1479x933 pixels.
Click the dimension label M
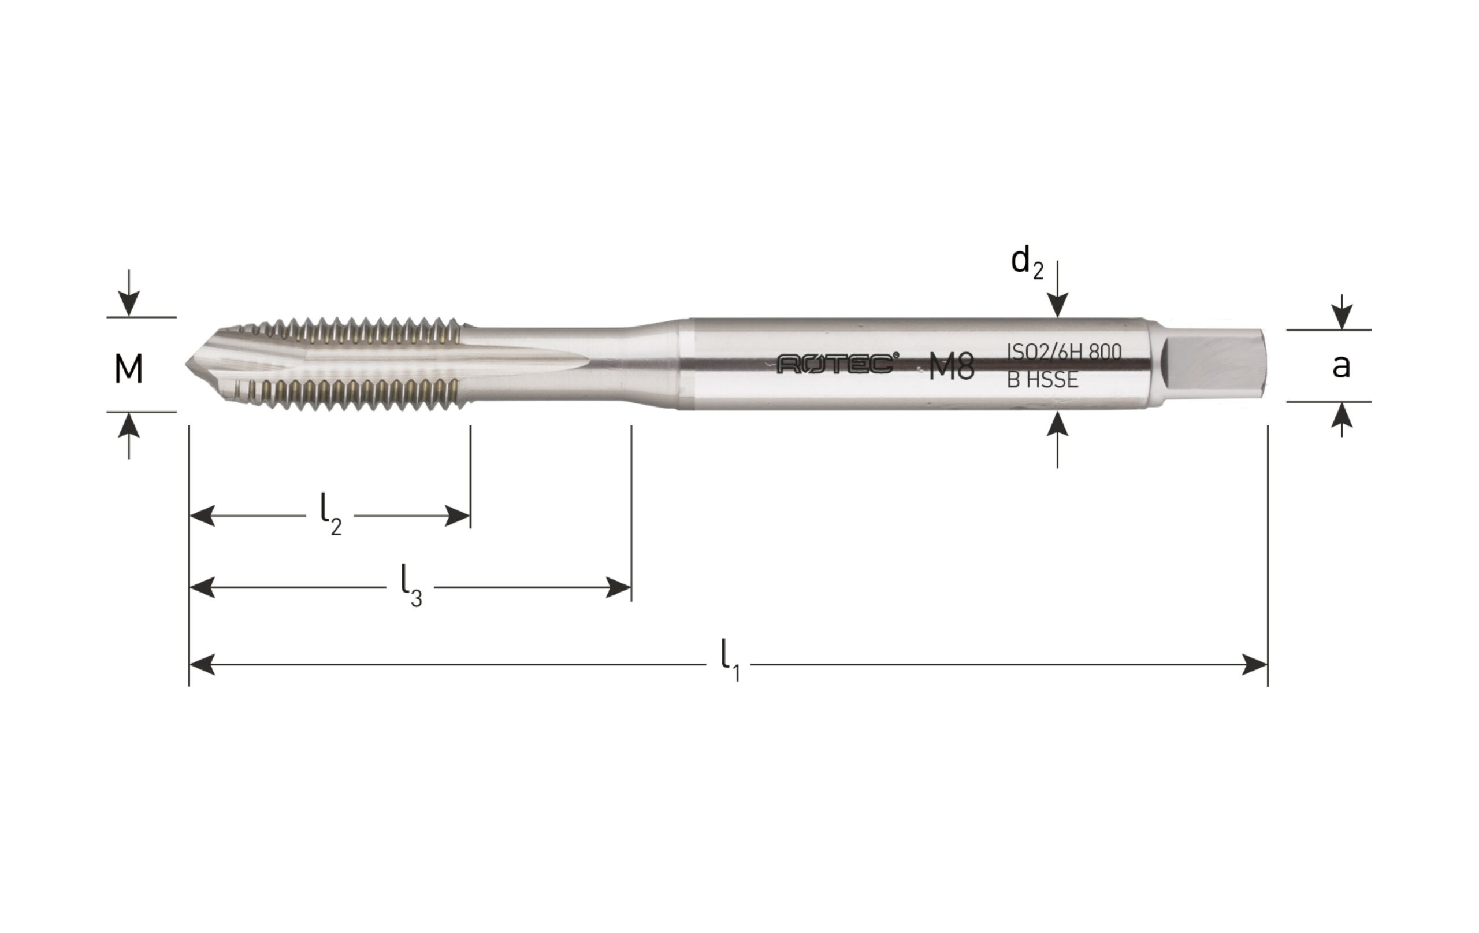click(129, 369)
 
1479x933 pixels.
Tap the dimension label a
click(1341, 366)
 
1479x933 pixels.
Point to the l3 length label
click(411, 586)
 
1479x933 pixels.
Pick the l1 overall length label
click(730, 661)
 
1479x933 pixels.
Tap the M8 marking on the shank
click(952, 368)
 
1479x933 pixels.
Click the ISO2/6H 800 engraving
click(1064, 351)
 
